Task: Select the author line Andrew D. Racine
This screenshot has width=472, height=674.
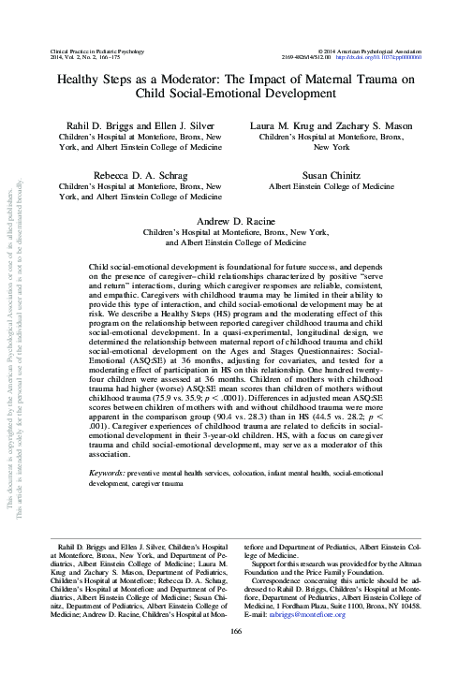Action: point(235,218)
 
